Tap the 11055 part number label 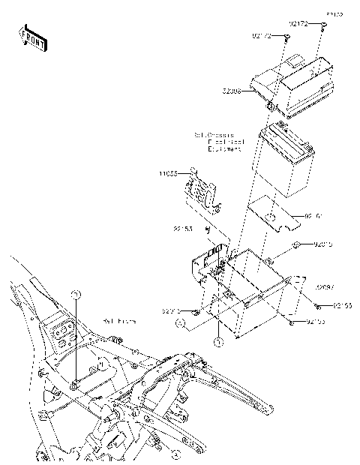168,173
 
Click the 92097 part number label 324,286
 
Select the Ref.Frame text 120,320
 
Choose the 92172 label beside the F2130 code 300,23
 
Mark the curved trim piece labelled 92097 296,285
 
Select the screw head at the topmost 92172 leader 324,25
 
